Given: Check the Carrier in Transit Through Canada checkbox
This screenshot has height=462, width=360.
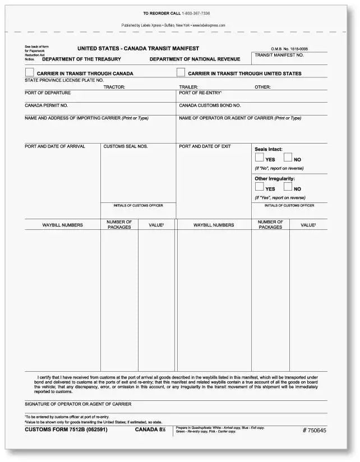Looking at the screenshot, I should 29,72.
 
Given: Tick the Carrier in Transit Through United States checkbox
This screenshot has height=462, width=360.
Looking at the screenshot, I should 181,72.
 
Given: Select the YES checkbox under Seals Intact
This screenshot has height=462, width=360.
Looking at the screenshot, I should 259,158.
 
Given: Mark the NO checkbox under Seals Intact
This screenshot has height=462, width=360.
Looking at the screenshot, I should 288,158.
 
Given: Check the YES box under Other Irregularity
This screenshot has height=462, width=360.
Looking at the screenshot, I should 259,187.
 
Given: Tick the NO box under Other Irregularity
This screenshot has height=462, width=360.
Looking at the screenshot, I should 288,187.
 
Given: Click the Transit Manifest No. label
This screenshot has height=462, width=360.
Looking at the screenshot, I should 279,55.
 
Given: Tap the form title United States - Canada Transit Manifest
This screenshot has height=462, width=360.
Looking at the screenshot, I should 137,49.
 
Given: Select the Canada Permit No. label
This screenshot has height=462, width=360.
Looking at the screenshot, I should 47,105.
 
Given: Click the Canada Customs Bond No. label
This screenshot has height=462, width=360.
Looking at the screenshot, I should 210,105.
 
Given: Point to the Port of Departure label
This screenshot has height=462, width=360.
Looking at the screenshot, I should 48,93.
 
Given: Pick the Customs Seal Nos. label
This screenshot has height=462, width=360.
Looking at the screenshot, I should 126,146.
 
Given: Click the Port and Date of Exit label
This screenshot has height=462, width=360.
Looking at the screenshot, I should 205,146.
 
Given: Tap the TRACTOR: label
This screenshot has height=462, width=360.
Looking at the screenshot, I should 114,87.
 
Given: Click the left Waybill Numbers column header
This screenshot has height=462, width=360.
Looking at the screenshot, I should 62,225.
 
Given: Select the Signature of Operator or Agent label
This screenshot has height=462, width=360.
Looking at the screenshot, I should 78,404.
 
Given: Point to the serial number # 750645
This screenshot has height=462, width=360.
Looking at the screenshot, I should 314,430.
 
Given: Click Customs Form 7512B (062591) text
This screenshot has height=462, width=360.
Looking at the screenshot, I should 66,429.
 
